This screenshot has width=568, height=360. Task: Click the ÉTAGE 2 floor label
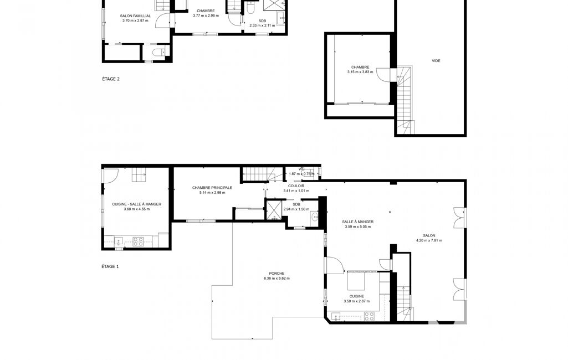pos(111,79)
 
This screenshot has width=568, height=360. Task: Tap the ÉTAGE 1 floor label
pos(110,266)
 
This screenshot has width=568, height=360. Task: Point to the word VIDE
pos(436,61)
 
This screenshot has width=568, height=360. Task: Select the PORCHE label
pos(277,274)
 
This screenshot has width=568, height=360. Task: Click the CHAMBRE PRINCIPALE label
pos(212,188)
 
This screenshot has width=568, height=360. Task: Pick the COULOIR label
pos(296,186)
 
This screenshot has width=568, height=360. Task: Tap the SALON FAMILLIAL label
pos(135,16)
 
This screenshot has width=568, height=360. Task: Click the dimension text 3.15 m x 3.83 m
pos(360,72)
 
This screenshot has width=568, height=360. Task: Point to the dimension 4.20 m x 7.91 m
pos(429,240)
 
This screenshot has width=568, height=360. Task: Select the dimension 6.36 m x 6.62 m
pos(277,279)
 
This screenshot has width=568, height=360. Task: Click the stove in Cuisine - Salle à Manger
pos(138,241)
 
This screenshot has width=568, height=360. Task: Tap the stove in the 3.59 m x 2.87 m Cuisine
pos(369,316)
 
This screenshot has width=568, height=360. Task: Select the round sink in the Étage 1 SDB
pos(314,218)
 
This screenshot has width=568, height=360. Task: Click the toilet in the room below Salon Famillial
pos(157,53)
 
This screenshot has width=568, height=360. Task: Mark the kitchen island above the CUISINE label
pos(356,281)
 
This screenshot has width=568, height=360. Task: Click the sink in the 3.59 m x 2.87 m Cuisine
pos(335,317)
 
